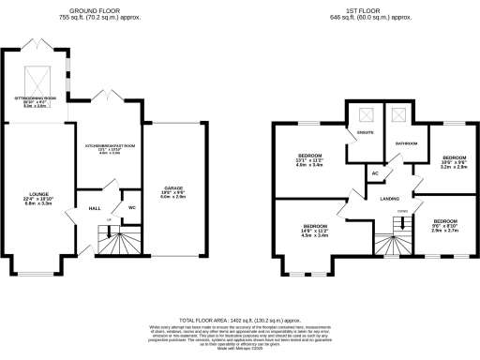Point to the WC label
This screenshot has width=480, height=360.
132,206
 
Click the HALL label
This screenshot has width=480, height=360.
95,208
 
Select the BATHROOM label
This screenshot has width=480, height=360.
406,142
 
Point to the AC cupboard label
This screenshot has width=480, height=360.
375,173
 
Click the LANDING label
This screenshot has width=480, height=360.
391,198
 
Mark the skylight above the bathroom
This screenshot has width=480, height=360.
398,114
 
